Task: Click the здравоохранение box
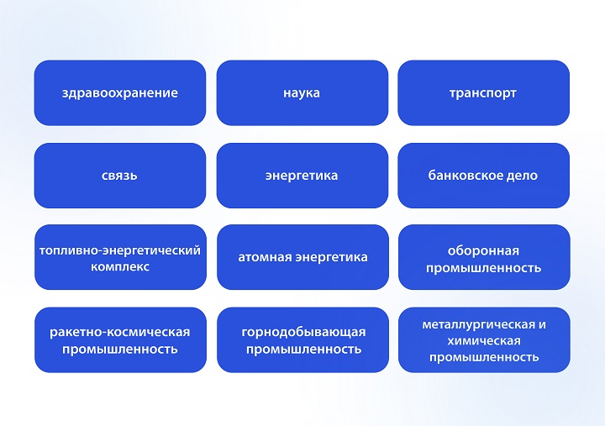point(120,92)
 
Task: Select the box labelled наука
point(302,92)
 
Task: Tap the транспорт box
point(483,92)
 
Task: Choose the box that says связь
point(120,176)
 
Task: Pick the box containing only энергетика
point(302,176)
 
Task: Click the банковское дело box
point(483,176)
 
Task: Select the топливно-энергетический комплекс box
point(120,258)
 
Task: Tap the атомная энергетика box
point(302,257)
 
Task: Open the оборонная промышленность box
point(483,258)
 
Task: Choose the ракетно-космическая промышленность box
point(120,339)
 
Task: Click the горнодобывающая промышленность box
point(302,339)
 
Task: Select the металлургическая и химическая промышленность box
point(483,339)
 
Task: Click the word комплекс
point(120,266)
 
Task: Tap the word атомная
point(266,257)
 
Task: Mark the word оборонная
point(483,250)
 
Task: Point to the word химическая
point(483,340)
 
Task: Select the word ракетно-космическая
point(120,332)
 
